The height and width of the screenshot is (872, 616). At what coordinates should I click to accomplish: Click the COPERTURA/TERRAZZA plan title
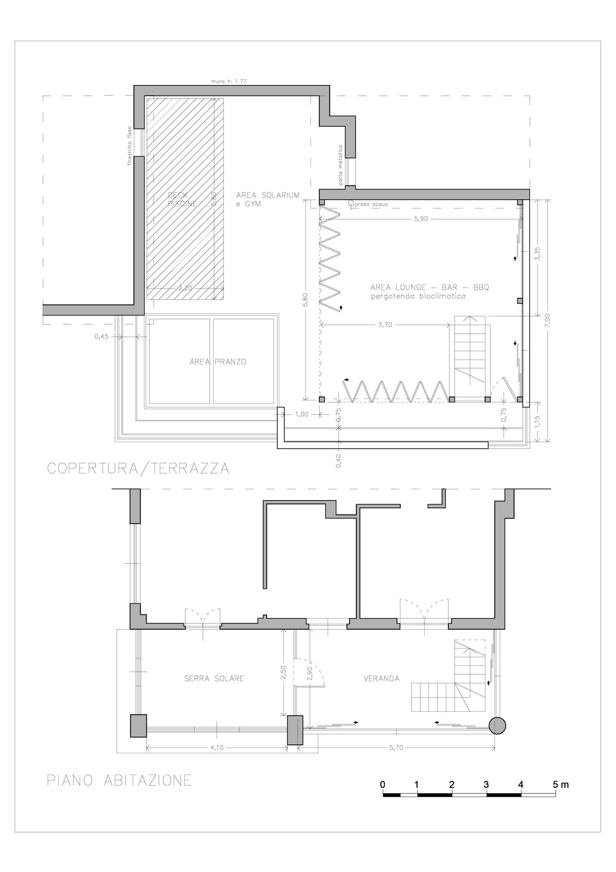[x=138, y=468]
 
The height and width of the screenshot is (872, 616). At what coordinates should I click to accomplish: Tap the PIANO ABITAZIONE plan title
[x=120, y=780]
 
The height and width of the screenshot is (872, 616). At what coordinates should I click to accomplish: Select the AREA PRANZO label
[x=218, y=362]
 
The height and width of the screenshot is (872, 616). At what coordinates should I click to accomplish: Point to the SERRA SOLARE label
[x=214, y=678]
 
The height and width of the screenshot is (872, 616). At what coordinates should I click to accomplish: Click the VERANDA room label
[x=382, y=678]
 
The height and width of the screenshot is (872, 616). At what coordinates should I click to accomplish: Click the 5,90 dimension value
[x=421, y=219]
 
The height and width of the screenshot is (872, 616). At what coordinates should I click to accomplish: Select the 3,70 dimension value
[x=386, y=325]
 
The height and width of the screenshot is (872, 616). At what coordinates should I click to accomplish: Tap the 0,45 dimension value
[x=101, y=337]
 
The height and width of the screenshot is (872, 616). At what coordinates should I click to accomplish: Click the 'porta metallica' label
[x=340, y=165]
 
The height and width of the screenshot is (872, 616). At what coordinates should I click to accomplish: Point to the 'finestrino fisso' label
[x=129, y=145]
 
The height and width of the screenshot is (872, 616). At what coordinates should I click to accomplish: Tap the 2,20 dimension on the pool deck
[x=185, y=288]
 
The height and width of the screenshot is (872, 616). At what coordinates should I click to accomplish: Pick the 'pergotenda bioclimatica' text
[x=418, y=296]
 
